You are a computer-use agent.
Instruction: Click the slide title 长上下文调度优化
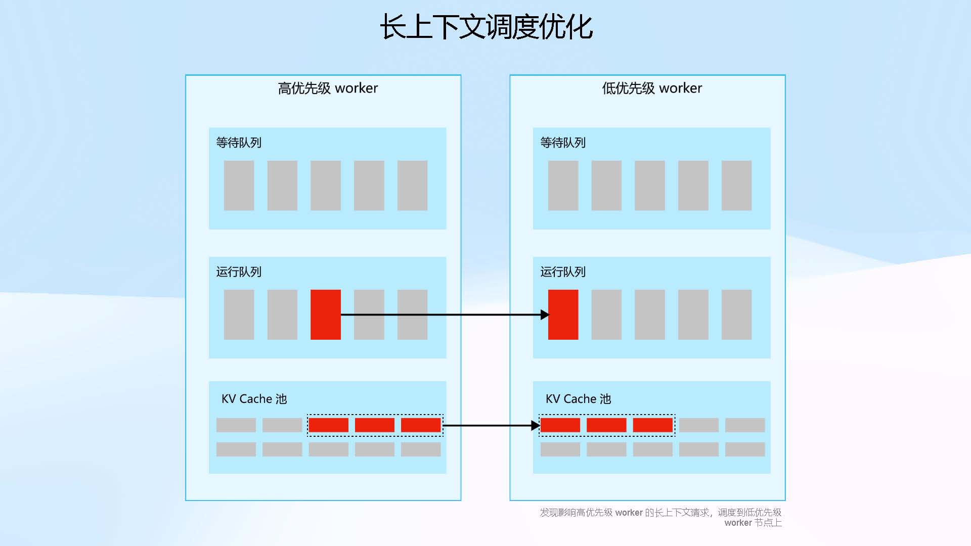coord(486,26)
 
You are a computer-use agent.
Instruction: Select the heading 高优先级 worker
coord(328,88)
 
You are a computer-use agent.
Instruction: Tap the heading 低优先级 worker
coord(652,88)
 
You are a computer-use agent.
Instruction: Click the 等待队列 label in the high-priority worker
coord(239,143)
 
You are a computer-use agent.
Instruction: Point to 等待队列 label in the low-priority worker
coord(563,143)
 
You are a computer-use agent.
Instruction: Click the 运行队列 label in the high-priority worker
coord(239,272)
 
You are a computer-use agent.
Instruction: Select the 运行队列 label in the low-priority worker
coord(563,272)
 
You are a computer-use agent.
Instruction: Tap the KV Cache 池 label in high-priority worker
coord(254,399)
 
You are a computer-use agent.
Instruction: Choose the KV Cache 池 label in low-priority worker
coord(578,399)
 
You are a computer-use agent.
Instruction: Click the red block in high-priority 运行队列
coord(325,314)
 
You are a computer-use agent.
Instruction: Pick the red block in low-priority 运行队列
coord(563,314)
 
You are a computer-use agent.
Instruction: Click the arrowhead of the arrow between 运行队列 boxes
coord(545,314)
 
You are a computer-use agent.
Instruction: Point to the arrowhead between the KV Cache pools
coord(536,426)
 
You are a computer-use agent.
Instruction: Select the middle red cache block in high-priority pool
coord(374,425)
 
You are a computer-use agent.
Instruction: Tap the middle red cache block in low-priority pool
coord(606,425)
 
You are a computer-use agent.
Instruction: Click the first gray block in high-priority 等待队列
coord(239,186)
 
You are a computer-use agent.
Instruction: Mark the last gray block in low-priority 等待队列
coord(736,186)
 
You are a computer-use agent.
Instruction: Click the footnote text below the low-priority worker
coord(660,517)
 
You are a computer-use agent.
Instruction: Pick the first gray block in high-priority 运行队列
coord(239,314)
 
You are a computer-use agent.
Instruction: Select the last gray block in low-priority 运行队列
coord(736,314)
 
